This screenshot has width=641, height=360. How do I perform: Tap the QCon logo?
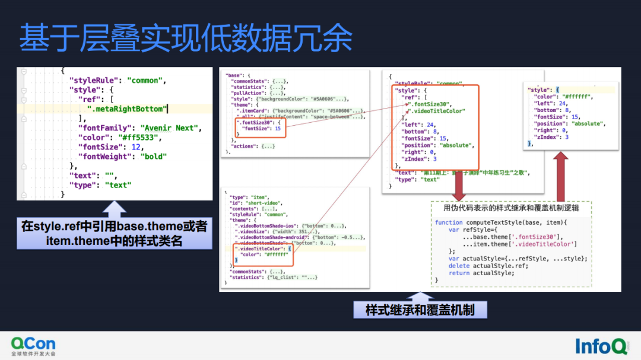(33, 345)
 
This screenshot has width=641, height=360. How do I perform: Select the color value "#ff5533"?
(140, 138)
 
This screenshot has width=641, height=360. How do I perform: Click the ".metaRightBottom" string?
(126, 109)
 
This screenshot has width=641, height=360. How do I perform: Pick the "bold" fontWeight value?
(154, 157)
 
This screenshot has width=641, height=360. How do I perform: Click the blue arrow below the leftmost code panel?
(115, 209)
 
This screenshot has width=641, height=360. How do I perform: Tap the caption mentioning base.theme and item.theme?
(114, 234)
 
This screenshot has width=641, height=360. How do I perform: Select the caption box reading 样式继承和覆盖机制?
(420, 310)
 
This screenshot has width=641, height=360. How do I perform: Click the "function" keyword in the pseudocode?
(449, 222)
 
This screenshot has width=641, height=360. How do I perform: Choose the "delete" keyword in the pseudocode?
(459, 266)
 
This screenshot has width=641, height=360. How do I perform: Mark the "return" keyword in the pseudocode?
(459, 273)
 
